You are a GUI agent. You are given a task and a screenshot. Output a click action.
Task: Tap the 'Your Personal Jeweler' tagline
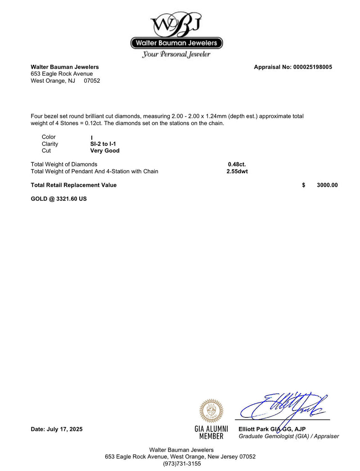click(176, 54)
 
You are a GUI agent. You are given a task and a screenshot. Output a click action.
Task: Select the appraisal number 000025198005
click(312, 67)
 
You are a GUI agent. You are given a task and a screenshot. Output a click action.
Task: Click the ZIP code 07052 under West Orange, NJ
click(92, 81)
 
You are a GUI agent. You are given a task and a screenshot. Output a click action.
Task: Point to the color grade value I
click(91, 138)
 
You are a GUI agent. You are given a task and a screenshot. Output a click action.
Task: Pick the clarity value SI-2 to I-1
click(103, 144)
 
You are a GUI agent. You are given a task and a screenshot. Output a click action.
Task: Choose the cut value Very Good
click(105, 151)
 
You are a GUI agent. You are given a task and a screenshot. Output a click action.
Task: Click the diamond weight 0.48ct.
click(237, 164)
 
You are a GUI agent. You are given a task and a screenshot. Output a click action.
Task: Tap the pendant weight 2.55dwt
click(237, 171)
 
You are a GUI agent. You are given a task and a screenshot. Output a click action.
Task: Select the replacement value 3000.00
click(327, 185)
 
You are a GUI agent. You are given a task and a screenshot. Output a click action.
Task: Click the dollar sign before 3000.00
click(304, 185)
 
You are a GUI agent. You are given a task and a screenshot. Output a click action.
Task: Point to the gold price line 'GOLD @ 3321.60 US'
click(58, 198)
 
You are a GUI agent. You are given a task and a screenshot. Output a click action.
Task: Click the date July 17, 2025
click(57, 429)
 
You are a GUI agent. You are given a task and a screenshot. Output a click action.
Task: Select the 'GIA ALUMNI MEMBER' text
click(211, 432)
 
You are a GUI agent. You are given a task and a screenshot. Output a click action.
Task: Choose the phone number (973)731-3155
click(182, 463)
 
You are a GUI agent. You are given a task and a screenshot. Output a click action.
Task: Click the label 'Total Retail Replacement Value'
click(73, 185)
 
